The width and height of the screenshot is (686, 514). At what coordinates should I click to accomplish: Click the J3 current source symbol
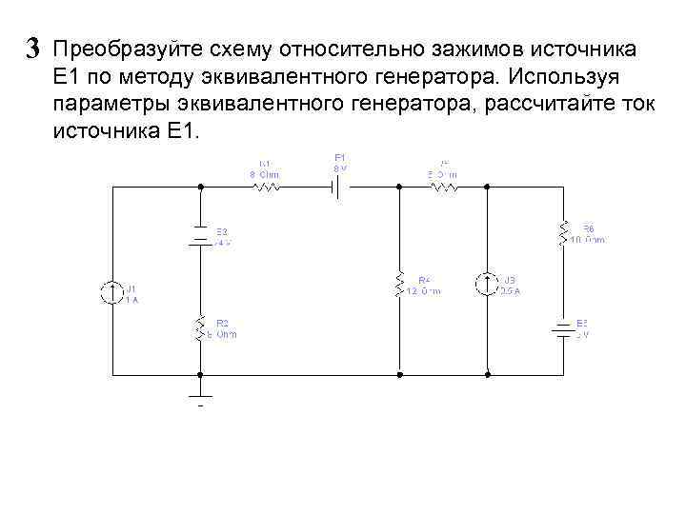pos(486,284)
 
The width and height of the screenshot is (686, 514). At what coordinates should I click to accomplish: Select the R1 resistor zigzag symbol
pos(265,188)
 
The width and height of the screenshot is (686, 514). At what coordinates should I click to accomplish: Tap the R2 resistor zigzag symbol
pos(201,329)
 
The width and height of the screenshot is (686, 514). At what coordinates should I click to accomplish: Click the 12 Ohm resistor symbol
pos(401,285)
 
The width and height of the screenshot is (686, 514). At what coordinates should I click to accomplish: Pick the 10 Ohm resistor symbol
pos(563,231)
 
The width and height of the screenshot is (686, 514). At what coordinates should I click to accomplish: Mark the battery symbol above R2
pos(201,236)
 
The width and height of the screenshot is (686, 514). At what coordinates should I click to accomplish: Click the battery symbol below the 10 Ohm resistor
pos(563,329)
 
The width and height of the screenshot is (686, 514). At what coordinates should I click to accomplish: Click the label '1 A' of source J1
pos(132,300)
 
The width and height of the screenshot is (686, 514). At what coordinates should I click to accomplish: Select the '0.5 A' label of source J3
pos(510,292)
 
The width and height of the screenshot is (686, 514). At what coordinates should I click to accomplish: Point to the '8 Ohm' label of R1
pos(264,174)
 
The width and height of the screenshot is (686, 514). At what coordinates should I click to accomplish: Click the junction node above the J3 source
pos(486,188)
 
